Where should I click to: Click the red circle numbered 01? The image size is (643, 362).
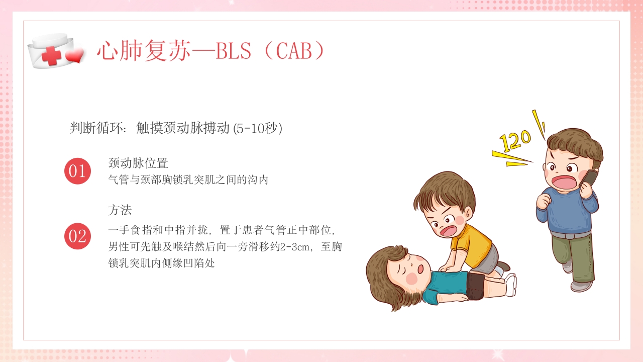tap(77, 171)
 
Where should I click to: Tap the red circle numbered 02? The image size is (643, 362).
tap(77, 236)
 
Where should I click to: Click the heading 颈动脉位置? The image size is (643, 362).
tap(138, 163)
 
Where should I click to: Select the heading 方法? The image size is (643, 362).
tap(120, 209)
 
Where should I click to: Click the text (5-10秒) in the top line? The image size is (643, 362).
tap(258, 128)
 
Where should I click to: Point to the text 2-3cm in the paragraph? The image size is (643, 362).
tap(293, 246)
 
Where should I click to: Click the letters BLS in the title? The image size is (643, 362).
tap(233, 51)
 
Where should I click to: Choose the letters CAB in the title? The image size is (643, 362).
tap(294, 51)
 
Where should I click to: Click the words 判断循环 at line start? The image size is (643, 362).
tap(97, 128)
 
